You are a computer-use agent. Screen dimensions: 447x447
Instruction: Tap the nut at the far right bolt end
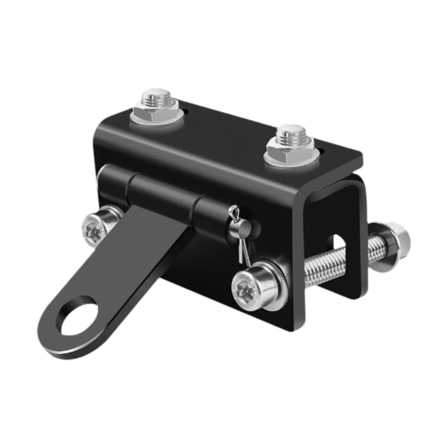[400, 239]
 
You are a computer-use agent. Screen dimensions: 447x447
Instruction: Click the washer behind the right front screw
[277, 282]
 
